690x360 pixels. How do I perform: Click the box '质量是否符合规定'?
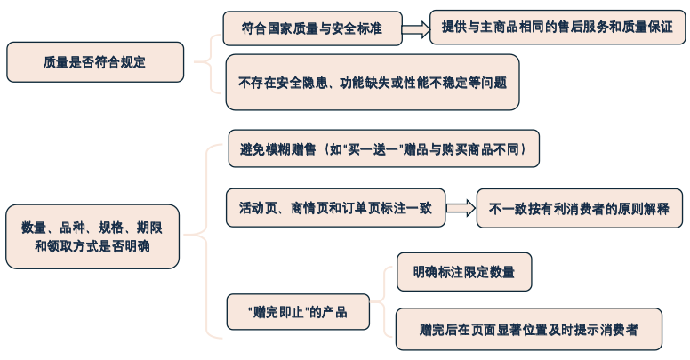tap(95, 62)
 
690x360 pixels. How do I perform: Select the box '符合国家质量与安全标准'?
tap(311, 28)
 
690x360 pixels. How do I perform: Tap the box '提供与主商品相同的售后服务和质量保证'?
tap(558, 28)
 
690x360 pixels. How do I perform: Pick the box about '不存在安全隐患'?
tap(372, 83)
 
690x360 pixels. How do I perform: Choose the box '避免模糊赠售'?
tap(383, 148)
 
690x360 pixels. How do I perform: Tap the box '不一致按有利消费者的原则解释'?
tap(580, 209)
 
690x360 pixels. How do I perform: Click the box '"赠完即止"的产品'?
tap(297, 313)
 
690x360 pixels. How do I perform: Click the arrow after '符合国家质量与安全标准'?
tap(415, 28)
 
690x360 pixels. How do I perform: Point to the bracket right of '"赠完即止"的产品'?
tap(381, 302)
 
